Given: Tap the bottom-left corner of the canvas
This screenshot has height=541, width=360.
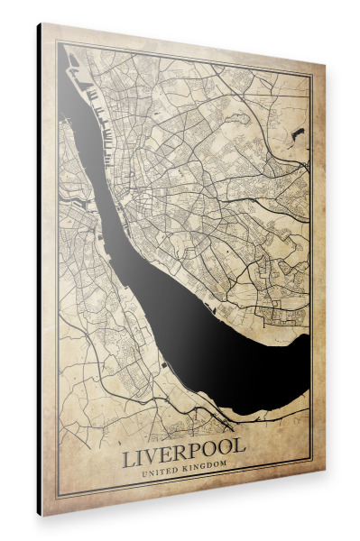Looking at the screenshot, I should coord(42,515).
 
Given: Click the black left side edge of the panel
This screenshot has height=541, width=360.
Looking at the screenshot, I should coord(40,270).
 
